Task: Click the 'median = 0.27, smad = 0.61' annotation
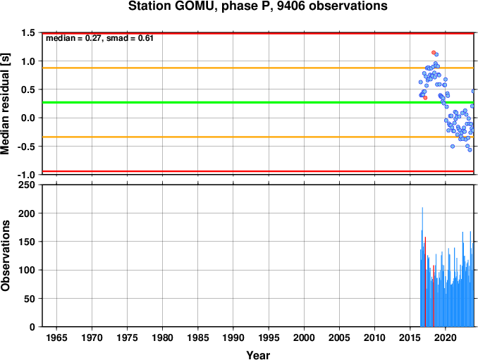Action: point(99,38)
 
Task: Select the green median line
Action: point(258,102)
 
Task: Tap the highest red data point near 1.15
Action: point(434,52)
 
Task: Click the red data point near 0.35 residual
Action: point(425,98)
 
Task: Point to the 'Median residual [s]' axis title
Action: point(5,104)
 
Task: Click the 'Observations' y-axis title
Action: point(5,256)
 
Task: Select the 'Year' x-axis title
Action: point(258,355)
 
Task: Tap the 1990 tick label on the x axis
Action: point(233,337)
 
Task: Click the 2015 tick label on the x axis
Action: point(410,337)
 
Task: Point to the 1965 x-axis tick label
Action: point(56,337)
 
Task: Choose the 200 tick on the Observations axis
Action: point(27,213)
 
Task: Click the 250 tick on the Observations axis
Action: point(27,185)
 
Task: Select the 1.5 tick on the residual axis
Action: point(28,32)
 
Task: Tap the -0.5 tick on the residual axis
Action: point(27,147)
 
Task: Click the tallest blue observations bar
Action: point(422,267)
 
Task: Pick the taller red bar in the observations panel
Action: point(425,282)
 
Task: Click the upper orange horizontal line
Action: point(258,68)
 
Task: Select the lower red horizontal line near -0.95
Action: point(258,171)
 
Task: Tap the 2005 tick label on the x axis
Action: point(339,337)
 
